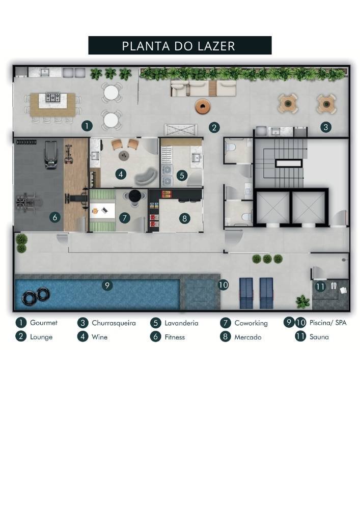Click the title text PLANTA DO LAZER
coord(179,46)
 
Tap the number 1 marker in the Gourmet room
coord(87,125)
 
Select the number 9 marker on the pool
coord(107,286)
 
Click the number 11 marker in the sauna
coord(320,287)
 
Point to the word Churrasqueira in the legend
coord(114,323)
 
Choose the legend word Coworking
coord(251,323)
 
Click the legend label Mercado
coord(247,337)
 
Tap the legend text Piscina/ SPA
coord(327,323)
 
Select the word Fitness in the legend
coord(174,337)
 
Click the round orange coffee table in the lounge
coord(203,106)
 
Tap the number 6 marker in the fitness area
coord(55,217)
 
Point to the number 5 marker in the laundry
coord(182,175)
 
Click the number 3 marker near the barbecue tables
coord(325,127)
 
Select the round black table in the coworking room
coord(136,196)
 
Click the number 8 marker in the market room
coord(184,218)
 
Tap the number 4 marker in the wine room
coord(121,174)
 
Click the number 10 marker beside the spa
coord(223,285)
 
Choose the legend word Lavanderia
coord(181,323)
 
